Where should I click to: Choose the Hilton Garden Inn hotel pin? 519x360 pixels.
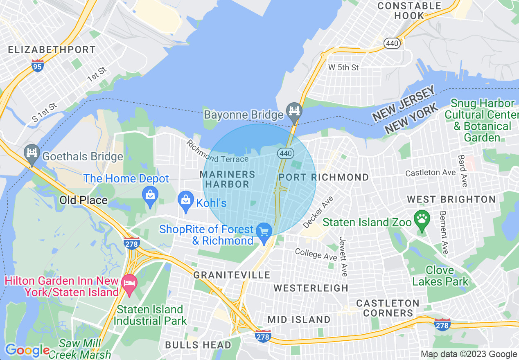click(130, 285)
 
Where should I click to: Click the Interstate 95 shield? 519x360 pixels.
click(37, 65)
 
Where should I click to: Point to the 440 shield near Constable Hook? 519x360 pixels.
click(392, 43)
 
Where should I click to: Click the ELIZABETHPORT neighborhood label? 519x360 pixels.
click(52, 50)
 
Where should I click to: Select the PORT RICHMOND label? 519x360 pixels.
click(323, 177)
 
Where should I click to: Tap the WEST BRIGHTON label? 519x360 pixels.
click(451, 200)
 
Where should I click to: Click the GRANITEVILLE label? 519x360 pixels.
click(232, 275)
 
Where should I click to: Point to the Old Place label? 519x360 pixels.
click(83, 200)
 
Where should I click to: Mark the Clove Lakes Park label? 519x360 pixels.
click(440, 276)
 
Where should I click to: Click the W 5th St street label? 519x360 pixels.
click(343, 67)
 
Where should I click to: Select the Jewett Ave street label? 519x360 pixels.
click(343, 256)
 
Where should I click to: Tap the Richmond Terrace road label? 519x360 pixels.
click(217, 153)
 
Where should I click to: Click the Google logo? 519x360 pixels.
click(27, 351)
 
